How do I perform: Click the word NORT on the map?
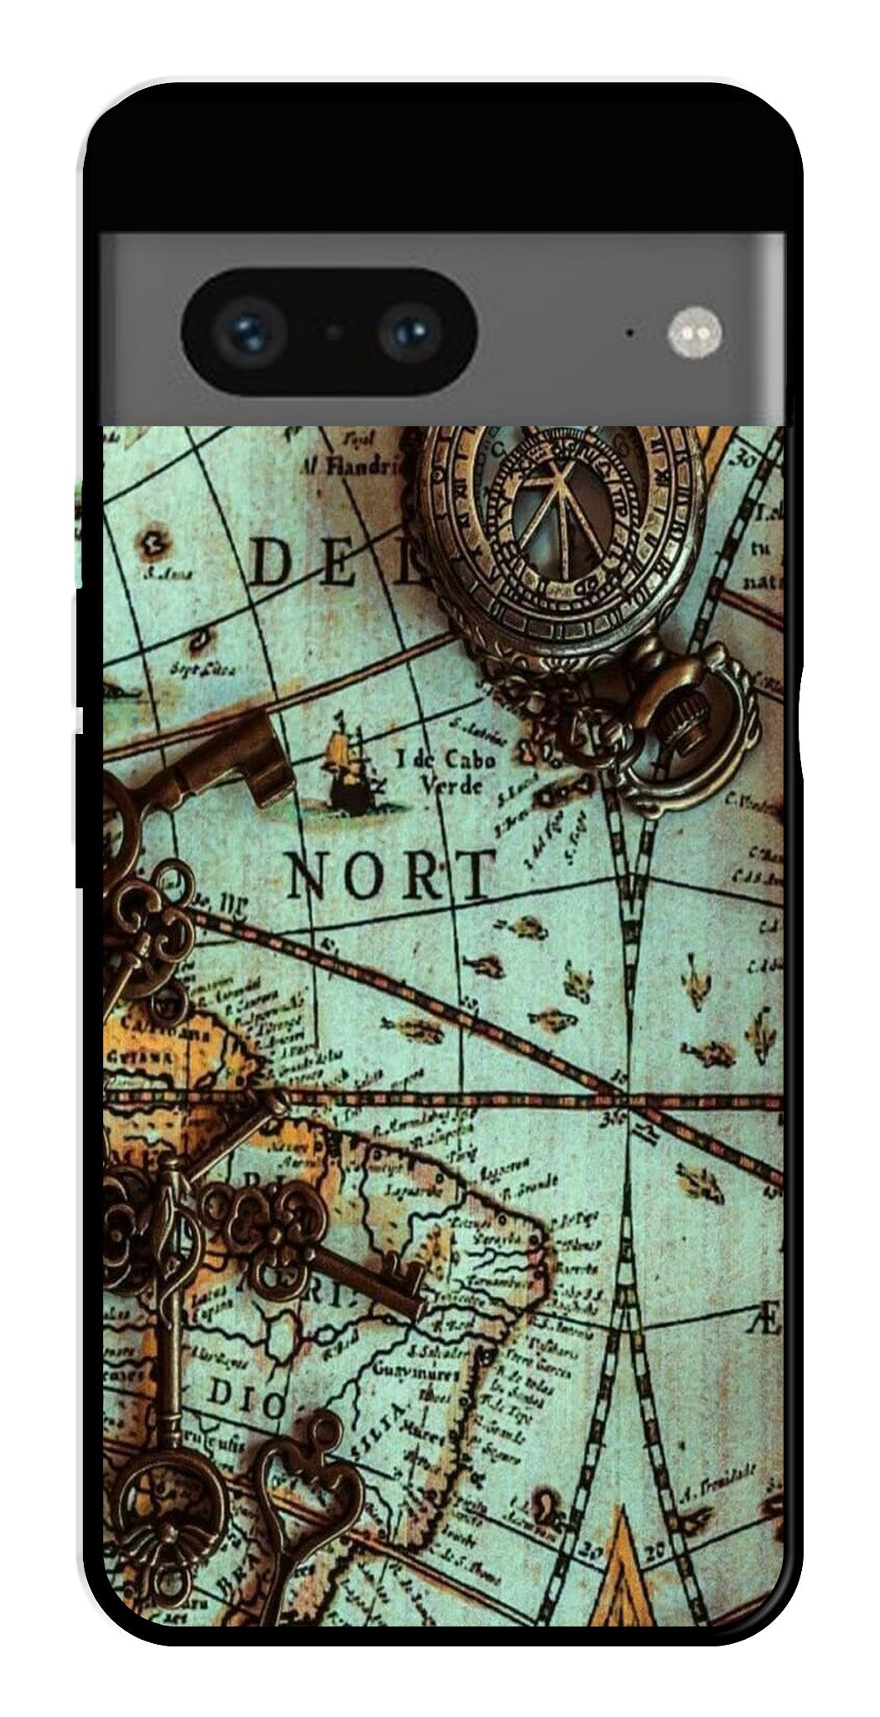389,876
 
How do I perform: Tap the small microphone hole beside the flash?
630,334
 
